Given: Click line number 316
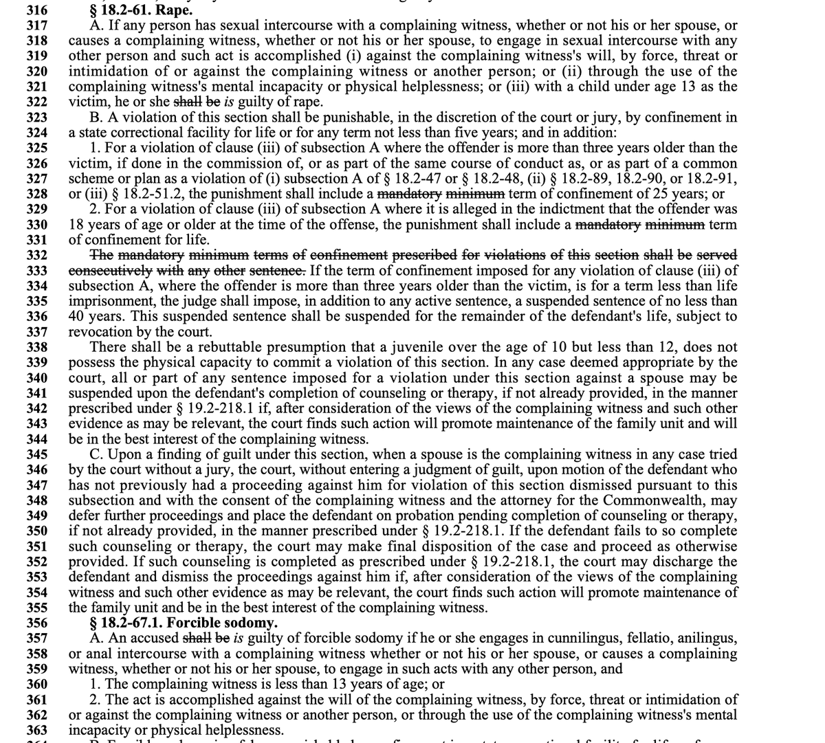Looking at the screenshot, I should pos(36,10).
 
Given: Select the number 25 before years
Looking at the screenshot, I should pos(646,194).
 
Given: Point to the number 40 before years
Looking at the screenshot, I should pos(79,316).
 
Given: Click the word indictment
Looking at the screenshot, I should pos(536,209).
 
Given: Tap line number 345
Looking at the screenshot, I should pos(36,454).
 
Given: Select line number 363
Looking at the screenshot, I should pos(36,730).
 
